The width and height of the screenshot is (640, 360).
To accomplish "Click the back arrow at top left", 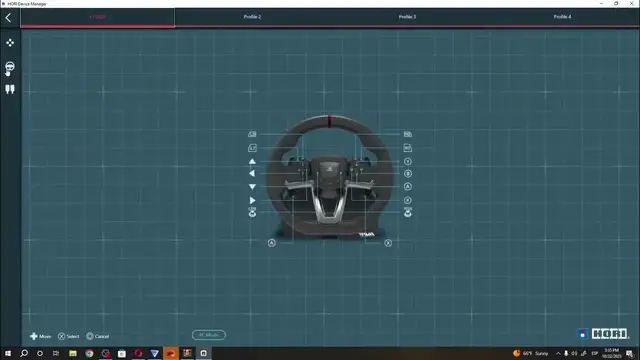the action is tap(9, 17).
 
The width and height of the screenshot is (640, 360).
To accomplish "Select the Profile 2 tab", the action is tap(252, 17).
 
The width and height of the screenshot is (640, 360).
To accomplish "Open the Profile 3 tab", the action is tap(407, 17).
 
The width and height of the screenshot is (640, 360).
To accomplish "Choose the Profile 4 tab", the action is tap(562, 17).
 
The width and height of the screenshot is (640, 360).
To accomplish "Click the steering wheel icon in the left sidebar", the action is tap(10, 67).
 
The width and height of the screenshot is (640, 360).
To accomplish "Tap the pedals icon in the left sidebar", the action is tap(10, 89).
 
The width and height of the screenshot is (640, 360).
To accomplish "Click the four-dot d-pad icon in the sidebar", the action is tap(10, 43).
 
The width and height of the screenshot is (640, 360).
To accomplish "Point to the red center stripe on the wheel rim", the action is tap(330, 122).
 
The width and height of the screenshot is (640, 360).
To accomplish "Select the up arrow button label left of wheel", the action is tap(252, 160).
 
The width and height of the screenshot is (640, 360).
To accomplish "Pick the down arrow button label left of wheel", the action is tap(252, 187).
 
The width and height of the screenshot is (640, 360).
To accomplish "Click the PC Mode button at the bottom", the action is tap(209, 335).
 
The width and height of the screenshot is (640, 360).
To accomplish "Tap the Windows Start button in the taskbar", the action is tap(8, 353).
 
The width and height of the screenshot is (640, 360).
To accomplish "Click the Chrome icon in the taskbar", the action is tap(105, 353).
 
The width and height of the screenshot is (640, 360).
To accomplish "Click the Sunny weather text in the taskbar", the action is tap(541, 353).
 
